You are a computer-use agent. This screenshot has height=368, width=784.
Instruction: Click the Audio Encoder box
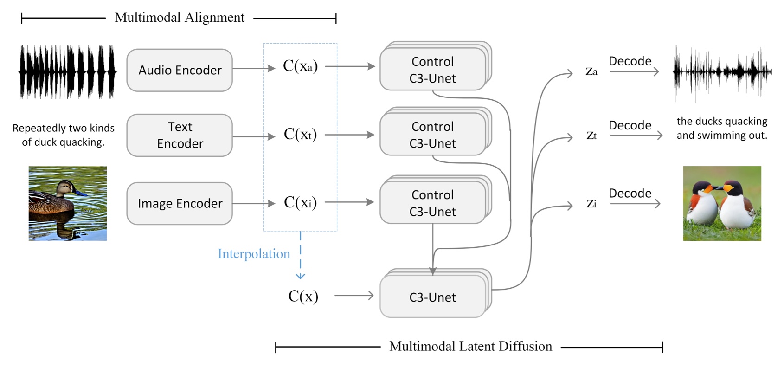click(x=180, y=70)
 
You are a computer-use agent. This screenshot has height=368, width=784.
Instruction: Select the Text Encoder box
click(x=180, y=135)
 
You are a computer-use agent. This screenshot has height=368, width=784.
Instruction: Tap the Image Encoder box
click(x=180, y=203)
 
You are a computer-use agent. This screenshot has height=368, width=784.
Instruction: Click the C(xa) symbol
click(x=300, y=66)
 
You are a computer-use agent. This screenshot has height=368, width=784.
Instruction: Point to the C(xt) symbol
click(x=300, y=135)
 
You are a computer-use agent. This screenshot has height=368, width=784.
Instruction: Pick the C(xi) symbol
click(x=300, y=203)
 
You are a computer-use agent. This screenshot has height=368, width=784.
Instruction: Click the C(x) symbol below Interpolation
click(x=303, y=296)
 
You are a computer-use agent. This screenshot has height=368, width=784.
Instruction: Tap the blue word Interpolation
click(x=254, y=254)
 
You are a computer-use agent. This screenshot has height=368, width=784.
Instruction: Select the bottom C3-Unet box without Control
click(x=432, y=297)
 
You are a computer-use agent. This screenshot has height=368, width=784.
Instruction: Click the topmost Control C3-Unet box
click(x=432, y=70)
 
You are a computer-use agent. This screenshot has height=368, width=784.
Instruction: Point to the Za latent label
click(x=591, y=72)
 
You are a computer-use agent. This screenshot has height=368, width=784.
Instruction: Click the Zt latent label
click(x=591, y=136)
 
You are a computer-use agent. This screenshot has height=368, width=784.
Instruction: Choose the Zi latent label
click(x=591, y=204)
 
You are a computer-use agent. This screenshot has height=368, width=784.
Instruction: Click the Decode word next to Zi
click(x=630, y=194)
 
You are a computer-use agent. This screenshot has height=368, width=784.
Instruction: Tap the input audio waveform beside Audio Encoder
click(x=67, y=72)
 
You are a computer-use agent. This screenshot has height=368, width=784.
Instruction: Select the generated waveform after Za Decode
click(x=722, y=72)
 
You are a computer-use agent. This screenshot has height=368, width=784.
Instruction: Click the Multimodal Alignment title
click(x=179, y=18)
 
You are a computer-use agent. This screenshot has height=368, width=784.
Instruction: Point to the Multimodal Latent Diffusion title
click(x=470, y=347)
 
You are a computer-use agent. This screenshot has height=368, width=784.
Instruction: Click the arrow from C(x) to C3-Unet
click(x=354, y=296)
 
